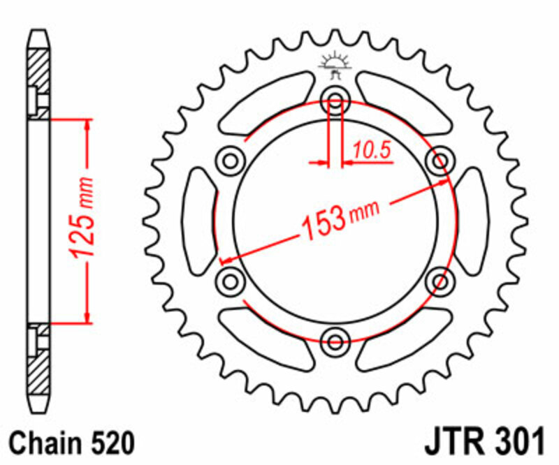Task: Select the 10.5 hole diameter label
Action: click(370, 149)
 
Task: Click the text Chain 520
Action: click(72, 443)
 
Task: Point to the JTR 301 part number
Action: click(483, 443)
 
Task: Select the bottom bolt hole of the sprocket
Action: click(335, 341)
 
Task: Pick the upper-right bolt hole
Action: click(441, 161)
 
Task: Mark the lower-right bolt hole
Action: click(441, 281)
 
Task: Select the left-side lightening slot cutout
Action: click(199, 221)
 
